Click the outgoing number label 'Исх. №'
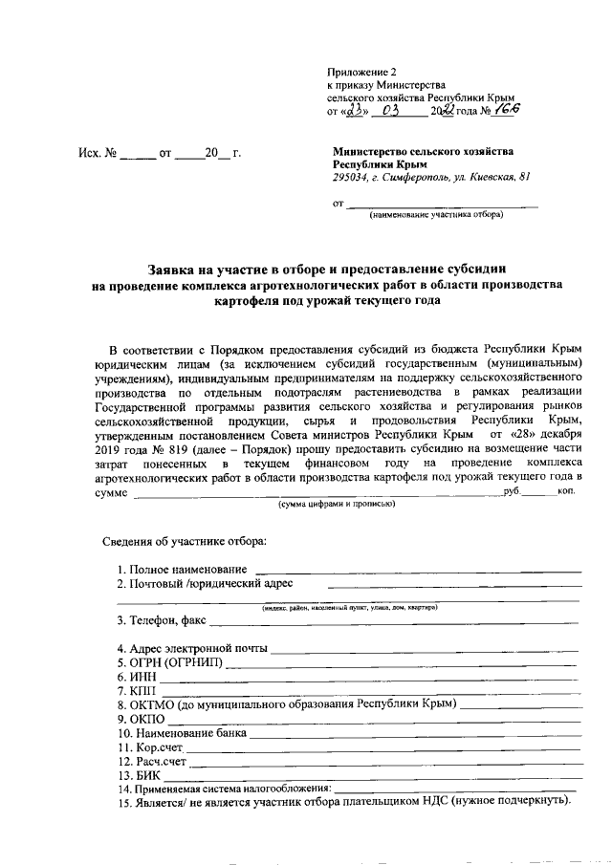[x=97, y=153]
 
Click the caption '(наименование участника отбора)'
[x=436, y=214]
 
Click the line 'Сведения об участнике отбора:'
[x=185, y=542]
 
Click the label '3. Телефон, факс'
[x=162, y=619]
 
